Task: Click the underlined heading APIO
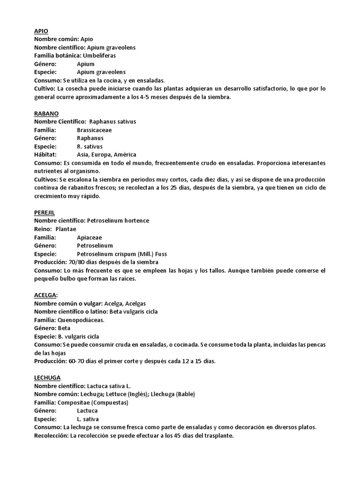[41, 31]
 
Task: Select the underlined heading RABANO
[46, 113]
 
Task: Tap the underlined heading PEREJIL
[45, 212]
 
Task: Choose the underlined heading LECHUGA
[47, 377]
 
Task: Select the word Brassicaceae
[94, 130]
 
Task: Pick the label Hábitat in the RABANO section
[45, 155]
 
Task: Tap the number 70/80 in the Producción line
[76, 262]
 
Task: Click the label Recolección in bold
[51, 435]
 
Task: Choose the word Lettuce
[123, 394]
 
